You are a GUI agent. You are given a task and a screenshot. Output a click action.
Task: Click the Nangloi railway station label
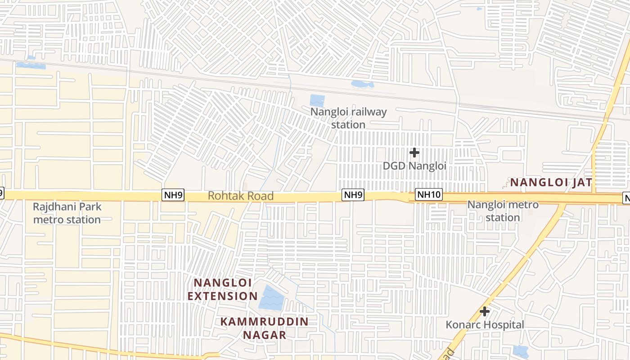point(349,118)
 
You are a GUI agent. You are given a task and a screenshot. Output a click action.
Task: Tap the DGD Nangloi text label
point(414,166)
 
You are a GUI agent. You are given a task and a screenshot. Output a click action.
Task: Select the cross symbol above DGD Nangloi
point(414,153)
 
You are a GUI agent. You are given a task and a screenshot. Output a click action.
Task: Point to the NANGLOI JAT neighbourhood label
point(551,182)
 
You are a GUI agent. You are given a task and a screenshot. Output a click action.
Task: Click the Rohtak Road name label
point(241,196)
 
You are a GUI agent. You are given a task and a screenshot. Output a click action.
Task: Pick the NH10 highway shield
point(429,195)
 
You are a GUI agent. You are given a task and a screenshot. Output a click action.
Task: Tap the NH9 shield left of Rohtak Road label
point(173,195)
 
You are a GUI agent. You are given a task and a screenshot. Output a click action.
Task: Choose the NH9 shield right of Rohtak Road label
point(353,195)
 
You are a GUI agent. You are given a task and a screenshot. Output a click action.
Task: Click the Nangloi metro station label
point(503,211)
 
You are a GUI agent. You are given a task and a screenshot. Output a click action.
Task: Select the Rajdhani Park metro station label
point(67,213)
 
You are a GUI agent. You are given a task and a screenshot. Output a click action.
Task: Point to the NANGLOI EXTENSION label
point(222,289)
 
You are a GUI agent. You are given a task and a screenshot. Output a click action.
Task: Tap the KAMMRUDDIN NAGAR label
point(265,328)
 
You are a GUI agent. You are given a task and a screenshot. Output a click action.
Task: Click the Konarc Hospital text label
point(485,325)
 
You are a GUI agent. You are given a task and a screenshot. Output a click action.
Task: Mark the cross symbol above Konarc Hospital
point(485,311)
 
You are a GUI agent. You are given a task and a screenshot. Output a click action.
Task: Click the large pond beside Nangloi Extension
point(271,298)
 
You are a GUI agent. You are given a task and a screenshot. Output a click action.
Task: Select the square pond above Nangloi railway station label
point(317,101)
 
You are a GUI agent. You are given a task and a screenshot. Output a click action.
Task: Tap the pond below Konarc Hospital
point(521,351)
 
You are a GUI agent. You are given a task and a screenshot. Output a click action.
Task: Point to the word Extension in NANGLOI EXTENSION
point(222,296)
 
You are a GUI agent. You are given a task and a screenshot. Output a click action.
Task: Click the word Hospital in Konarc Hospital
point(502,325)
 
